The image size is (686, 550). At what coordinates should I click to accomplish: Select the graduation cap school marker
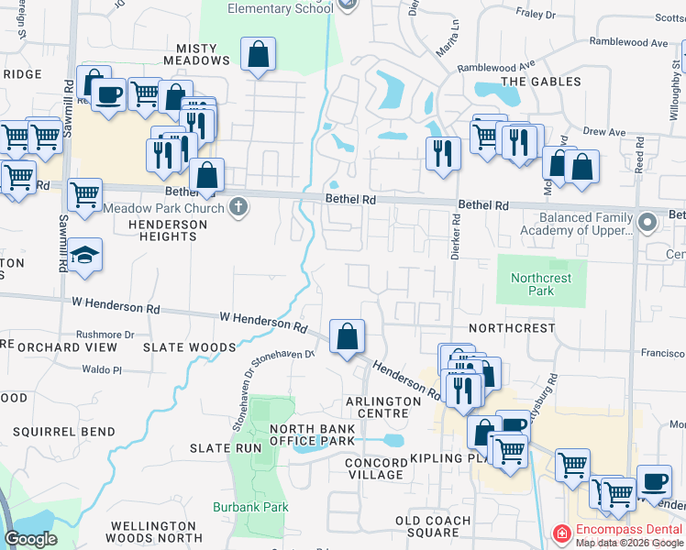(83, 256)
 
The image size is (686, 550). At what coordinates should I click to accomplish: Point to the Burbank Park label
(250, 507)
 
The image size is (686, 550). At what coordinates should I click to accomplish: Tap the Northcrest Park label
(541, 284)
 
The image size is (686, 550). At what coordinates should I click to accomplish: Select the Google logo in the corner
(30, 539)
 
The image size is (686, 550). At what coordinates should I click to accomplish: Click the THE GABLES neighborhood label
(541, 82)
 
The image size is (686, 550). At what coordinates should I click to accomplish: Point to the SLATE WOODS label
(190, 347)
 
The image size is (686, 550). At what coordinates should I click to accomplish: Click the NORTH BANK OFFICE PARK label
(312, 434)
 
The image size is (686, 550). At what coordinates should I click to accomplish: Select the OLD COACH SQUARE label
(433, 527)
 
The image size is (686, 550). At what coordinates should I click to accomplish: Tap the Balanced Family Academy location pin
(648, 223)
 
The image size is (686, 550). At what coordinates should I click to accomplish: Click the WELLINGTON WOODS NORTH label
(155, 532)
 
